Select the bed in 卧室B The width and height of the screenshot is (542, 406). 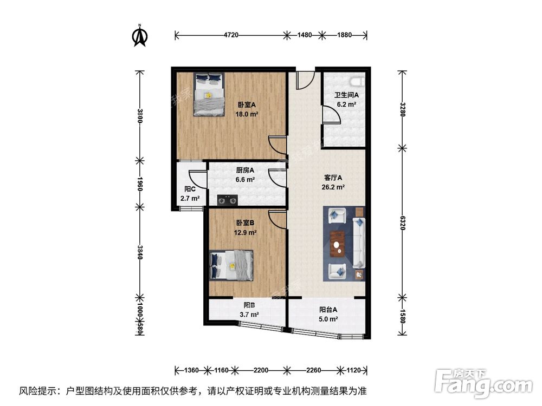[231, 265]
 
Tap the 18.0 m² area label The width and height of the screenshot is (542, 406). [246, 115]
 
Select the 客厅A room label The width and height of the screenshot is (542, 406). [333, 178]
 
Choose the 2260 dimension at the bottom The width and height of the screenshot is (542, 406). [314, 371]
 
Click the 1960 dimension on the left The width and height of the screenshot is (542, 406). [140, 184]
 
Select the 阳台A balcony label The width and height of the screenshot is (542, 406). [328, 310]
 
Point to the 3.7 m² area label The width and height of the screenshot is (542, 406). [249, 315]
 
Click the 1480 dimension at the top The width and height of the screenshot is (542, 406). [305, 36]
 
